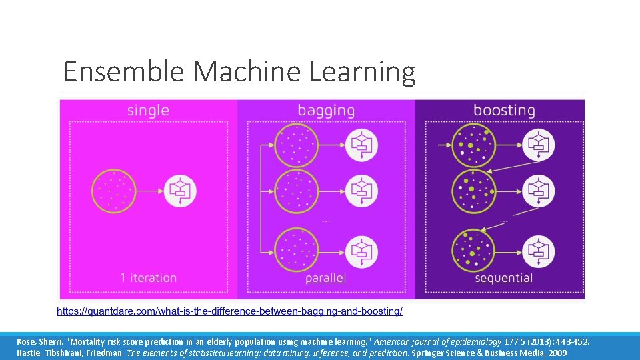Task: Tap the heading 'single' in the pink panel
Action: [x=148, y=110]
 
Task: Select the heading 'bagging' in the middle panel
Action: [x=325, y=111]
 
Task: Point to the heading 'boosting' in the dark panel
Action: [x=504, y=110]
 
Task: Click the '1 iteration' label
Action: [x=148, y=278]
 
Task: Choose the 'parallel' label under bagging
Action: [x=326, y=278]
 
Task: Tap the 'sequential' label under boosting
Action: [x=504, y=278]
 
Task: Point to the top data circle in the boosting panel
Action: [x=473, y=145]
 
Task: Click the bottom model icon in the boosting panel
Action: [x=537, y=249]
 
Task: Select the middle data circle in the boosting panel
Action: [x=473, y=191]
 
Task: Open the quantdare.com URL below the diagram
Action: [x=229, y=311]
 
